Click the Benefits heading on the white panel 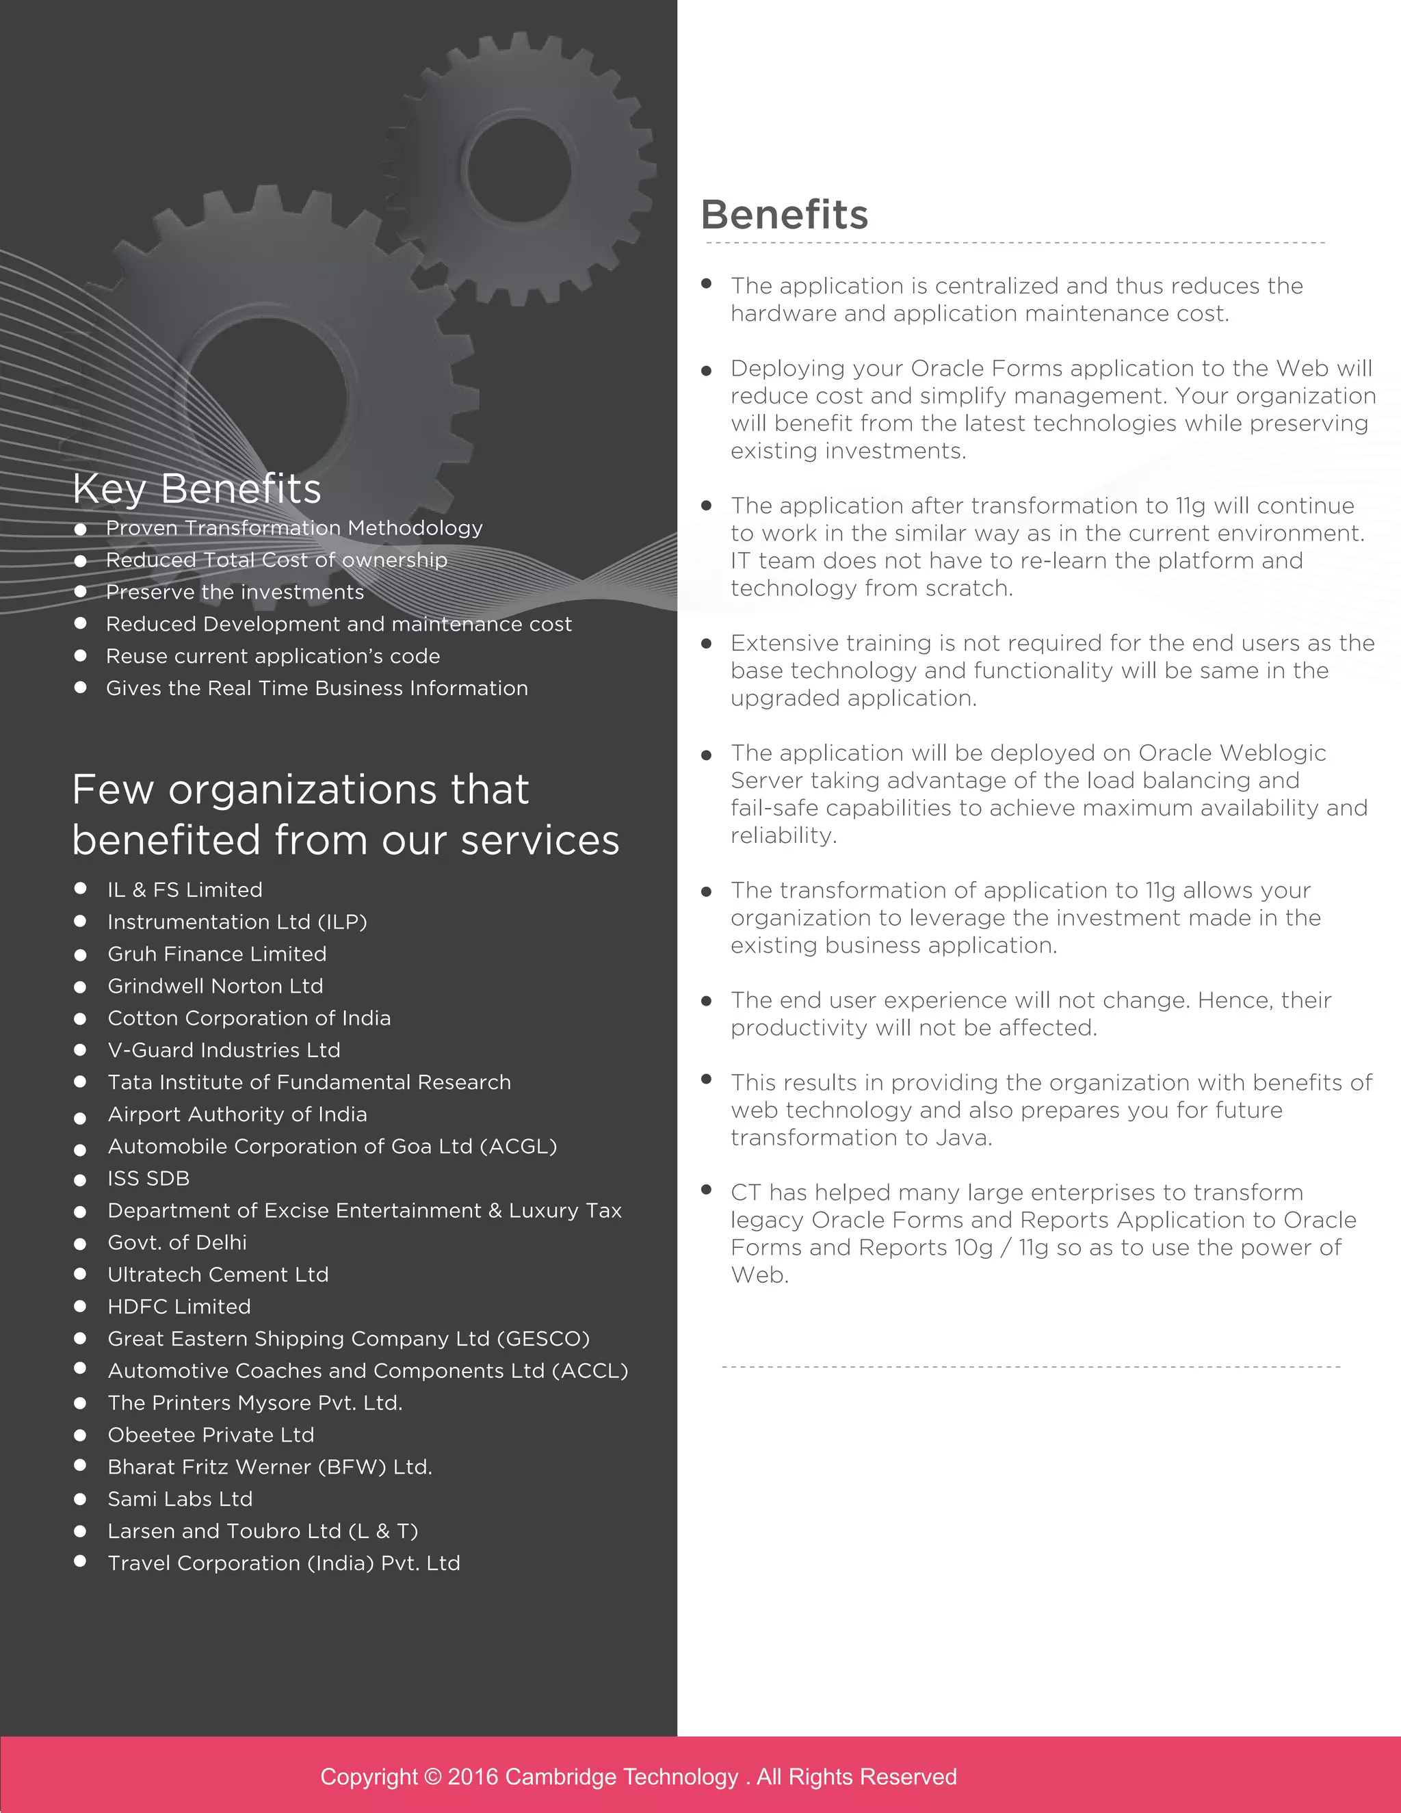pyautogui.click(x=785, y=214)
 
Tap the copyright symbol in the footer pyautogui.click(x=432, y=1777)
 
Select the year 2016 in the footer pyautogui.click(x=473, y=1777)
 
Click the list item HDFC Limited pyautogui.click(x=179, y=1307)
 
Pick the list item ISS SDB pyautogui.click(x=148, y=1178)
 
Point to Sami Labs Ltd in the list pyautogui.click(x=180, y=1498)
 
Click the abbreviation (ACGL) pyautogui.click(x=518, y=1147)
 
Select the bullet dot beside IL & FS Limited pyautogui.click(x=81, y=888)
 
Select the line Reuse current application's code pyautogui.click(x=273, y=656)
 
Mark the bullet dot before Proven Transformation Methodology pyautogui.click(x=81, y=529)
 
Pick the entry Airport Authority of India pyautogui.click(x=237, y=1114)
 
